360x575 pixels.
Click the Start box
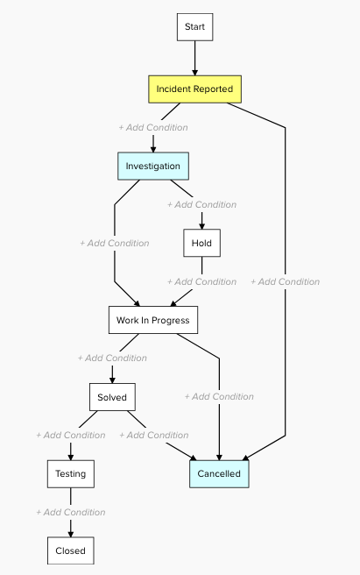click(194, 27)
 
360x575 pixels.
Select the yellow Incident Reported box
click(194, 89)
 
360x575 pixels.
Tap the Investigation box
click(153, 167)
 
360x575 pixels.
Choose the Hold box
click(201, 243)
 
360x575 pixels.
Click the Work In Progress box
click(153, 320)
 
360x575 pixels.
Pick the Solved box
click(112, 397)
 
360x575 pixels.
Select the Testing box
click(71, 474)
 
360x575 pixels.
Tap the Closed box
click(71, 550)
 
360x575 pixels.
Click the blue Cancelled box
click(219, 474)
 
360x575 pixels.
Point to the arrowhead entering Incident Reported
click(194, 72)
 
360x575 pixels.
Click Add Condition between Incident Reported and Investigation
click(153, 128)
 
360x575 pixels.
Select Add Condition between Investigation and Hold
click(201, 204)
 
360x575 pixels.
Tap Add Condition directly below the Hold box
click(201, 281)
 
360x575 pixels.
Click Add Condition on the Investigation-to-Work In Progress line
click(115, 243)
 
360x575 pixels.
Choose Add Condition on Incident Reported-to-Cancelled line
click(286, 281)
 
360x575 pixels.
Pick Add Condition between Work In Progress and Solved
click(112, 358)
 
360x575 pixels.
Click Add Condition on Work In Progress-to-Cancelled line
click(219, 396)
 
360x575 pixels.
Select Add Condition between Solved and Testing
click(71, 435)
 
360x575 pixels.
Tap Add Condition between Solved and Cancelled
click(154, 435)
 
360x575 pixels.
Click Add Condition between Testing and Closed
click(71, 512)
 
